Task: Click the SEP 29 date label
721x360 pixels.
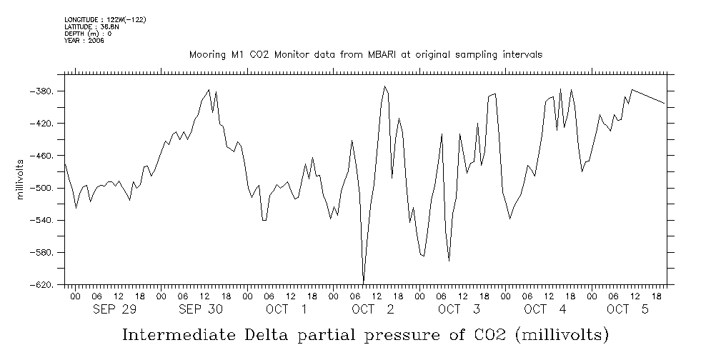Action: [x=115, y=309]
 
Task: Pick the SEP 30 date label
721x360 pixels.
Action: [x=201, y=309]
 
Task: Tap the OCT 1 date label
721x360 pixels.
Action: [x=287, y=309]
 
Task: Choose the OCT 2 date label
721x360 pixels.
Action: [x=372, y=309]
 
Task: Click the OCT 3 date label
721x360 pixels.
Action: [x=458, y=309]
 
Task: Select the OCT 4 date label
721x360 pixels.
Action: [x=545, y=309]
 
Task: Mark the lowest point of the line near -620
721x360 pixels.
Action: [x=364, y=283]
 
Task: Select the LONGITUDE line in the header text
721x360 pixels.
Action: [x=105, y=19]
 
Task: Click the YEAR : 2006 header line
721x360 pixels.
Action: [x=84, y=41]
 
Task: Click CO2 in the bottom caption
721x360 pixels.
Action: [x=489, y=334]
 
